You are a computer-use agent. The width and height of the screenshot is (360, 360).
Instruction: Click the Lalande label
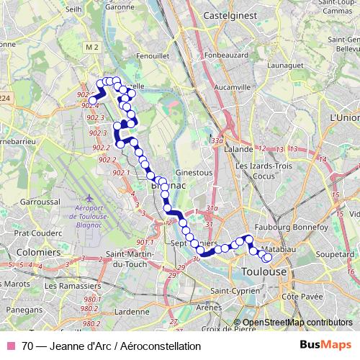pyautogui.click(x=238, y=149)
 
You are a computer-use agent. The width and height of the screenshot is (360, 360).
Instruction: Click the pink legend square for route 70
pyautogui.click(x=9, y=346)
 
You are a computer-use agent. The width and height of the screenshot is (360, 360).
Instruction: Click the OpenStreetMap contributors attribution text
pyautogui.click(x=297, y=323)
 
